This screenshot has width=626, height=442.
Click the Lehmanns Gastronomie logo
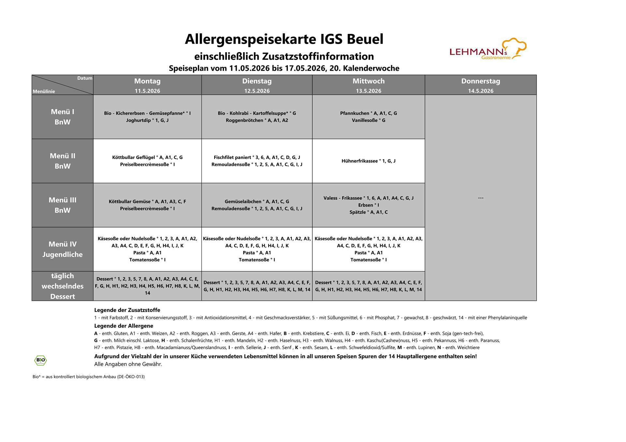(x=487, y=50)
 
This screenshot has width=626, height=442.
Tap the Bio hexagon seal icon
(x=40, y=360)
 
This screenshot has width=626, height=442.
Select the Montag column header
(x=147, y=81)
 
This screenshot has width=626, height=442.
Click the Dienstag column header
(x=257, y=81)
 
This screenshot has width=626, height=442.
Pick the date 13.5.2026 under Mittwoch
(x=368, y=91)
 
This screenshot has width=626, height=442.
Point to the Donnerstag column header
(x=480, y=81)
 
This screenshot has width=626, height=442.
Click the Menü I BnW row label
(x=62, y=117)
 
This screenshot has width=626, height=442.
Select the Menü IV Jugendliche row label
(x=62, y=249)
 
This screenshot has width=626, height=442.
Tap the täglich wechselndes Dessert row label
(x=62, y=286)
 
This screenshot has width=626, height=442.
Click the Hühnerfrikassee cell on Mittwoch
(x=368, y=161)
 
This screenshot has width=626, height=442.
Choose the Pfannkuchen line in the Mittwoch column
(x=368, y=113)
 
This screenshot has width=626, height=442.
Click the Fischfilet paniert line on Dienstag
(x=257, y=157)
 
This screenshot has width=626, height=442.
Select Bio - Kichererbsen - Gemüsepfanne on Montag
(x=147, y=113)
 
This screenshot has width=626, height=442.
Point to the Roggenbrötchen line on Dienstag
(x=257, y=120)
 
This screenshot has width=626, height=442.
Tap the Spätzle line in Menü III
(x=368, y=212)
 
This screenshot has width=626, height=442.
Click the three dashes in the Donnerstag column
(x=480, y=198)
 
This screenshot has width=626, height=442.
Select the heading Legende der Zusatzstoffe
(x=127, y=310)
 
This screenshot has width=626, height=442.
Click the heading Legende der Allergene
(x=124, y=326)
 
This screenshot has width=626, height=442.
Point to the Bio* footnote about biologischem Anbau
(x=89, y=376)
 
